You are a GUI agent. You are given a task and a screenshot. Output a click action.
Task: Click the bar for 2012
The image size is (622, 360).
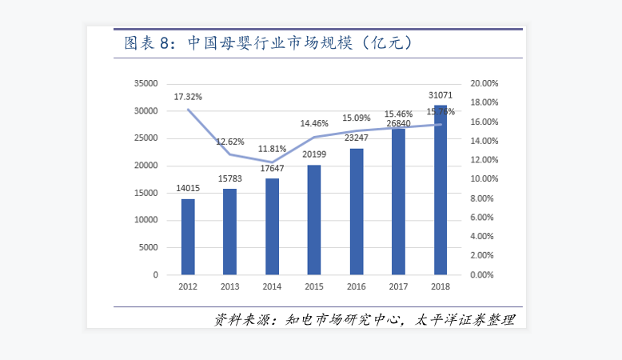pos(188,237)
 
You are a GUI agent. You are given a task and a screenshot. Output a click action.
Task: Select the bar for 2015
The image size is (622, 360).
pos(314,220)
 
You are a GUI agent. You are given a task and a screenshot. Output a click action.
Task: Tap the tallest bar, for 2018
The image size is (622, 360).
pos(440,190)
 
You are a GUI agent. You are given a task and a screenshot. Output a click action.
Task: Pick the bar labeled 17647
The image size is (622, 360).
pos(273,226)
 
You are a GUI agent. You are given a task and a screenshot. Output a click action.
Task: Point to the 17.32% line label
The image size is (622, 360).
pos(189,96)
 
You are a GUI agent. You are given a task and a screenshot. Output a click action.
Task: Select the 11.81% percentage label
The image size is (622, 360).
pos(272,149)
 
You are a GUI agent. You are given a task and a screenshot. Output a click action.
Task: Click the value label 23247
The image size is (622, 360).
pos(357,138)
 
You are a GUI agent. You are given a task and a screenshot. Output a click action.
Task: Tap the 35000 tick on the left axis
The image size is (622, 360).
pos(146,83)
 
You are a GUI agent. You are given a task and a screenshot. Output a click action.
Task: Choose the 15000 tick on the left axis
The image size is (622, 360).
pos(146,193)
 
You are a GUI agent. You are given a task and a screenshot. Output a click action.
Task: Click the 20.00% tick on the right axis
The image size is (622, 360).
pos(484,83)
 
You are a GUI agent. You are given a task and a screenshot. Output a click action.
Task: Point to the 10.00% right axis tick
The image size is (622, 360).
pos(484,179)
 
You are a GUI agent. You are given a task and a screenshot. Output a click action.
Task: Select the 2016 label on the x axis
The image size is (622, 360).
pos(357,286)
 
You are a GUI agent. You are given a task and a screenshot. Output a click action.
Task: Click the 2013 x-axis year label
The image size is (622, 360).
pos(230,286)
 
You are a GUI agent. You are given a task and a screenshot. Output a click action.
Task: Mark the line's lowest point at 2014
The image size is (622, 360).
pos(272,162)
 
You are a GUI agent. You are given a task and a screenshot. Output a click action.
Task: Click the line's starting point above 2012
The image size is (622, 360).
pos(188,110)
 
